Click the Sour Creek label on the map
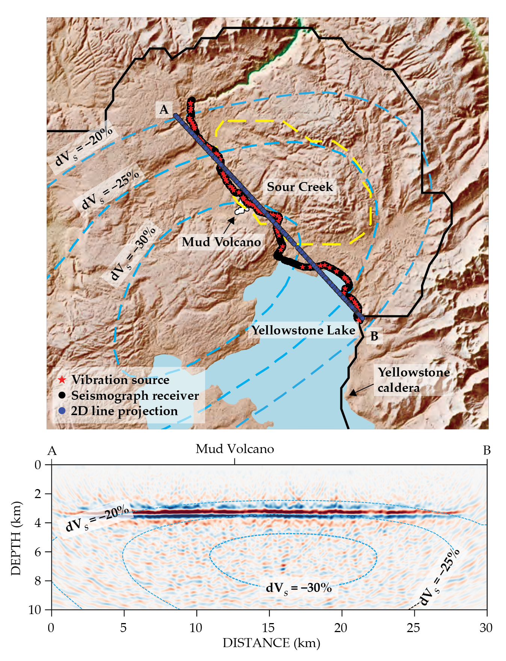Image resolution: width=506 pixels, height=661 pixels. pos(300,187)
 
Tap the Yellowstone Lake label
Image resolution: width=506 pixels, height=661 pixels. pos(303,330)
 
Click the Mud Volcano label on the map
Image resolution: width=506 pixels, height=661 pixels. pos(221,242)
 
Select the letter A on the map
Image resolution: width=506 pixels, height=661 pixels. pos(164,109)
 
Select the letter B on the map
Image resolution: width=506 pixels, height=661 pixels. pos(374,336)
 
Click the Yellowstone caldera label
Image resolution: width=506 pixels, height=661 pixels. pos(414,380)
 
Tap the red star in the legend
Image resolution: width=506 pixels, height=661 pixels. pos(62,380)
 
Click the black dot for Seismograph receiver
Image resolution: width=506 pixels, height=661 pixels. pos(62,395)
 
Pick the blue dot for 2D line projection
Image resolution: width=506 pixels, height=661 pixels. pos(62,411)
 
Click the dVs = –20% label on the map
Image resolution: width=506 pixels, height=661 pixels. pos(84,146)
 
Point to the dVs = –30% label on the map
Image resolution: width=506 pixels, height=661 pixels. pos(133,253)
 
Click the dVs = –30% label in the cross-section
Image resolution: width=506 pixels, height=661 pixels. pos(299,588)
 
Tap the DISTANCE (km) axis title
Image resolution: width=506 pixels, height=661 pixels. pos(271,643)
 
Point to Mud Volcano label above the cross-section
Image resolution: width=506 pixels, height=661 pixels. pos(235,449)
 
